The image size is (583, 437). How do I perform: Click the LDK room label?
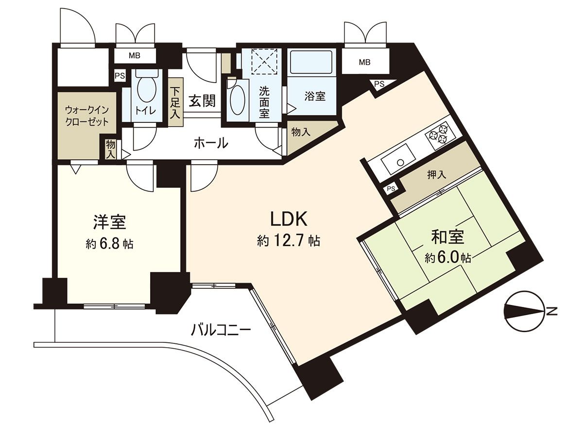pos(289,219)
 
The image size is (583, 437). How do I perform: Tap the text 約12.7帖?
pos(289,241)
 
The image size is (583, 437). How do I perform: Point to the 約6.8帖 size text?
pos(110,244)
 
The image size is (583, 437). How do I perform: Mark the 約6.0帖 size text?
pos(447,258)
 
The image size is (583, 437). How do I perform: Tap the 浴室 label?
pos(315,96)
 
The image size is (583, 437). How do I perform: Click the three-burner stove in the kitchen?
pos(439,134)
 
